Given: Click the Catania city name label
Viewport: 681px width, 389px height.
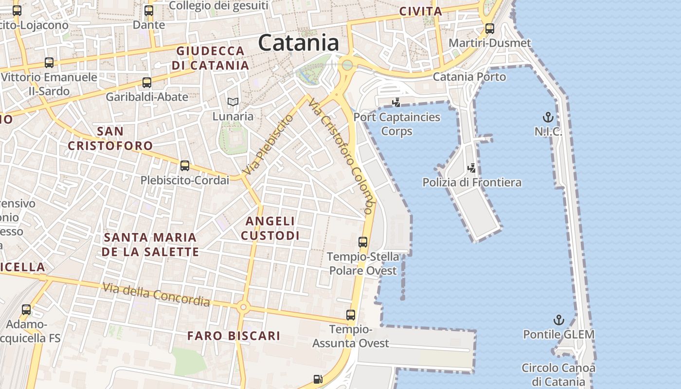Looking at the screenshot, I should click(298, 43).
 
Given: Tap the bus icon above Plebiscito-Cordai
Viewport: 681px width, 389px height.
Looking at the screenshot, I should click(185, 166).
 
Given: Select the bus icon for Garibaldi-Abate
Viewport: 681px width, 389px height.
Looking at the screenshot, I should click(147, 83).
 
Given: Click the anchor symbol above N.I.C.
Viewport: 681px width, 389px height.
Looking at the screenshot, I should click(548, 117).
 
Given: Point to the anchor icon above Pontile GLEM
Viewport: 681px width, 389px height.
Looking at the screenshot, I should click(559, 320).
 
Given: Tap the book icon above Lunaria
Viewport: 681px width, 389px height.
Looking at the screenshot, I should click(233, 102).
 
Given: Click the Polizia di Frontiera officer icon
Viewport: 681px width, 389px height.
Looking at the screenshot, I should click(471, 168).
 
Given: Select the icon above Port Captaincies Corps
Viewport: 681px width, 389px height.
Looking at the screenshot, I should click(396, 102).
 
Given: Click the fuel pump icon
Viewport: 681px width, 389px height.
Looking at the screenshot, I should click(318, 378).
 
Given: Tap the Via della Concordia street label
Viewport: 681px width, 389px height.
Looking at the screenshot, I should click(156, 294).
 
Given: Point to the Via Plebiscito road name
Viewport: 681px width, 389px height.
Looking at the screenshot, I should click(269, 145).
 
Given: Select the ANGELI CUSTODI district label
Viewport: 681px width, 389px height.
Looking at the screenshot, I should click(270, 228).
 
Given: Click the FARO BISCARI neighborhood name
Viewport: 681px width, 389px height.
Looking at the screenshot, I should click(233, 336).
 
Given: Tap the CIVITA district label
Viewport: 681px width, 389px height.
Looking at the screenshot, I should click(420, 11).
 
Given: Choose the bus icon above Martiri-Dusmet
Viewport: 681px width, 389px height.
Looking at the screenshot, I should click(490, 28).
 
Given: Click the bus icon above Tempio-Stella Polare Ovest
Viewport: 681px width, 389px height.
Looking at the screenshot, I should click(363, 242).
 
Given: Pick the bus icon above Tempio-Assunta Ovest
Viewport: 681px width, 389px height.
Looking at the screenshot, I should click(351, 315).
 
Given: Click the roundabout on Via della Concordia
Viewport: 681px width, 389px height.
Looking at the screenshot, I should click(243, 307).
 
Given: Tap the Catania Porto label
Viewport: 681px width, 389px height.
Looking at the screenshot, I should click(469, 76).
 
